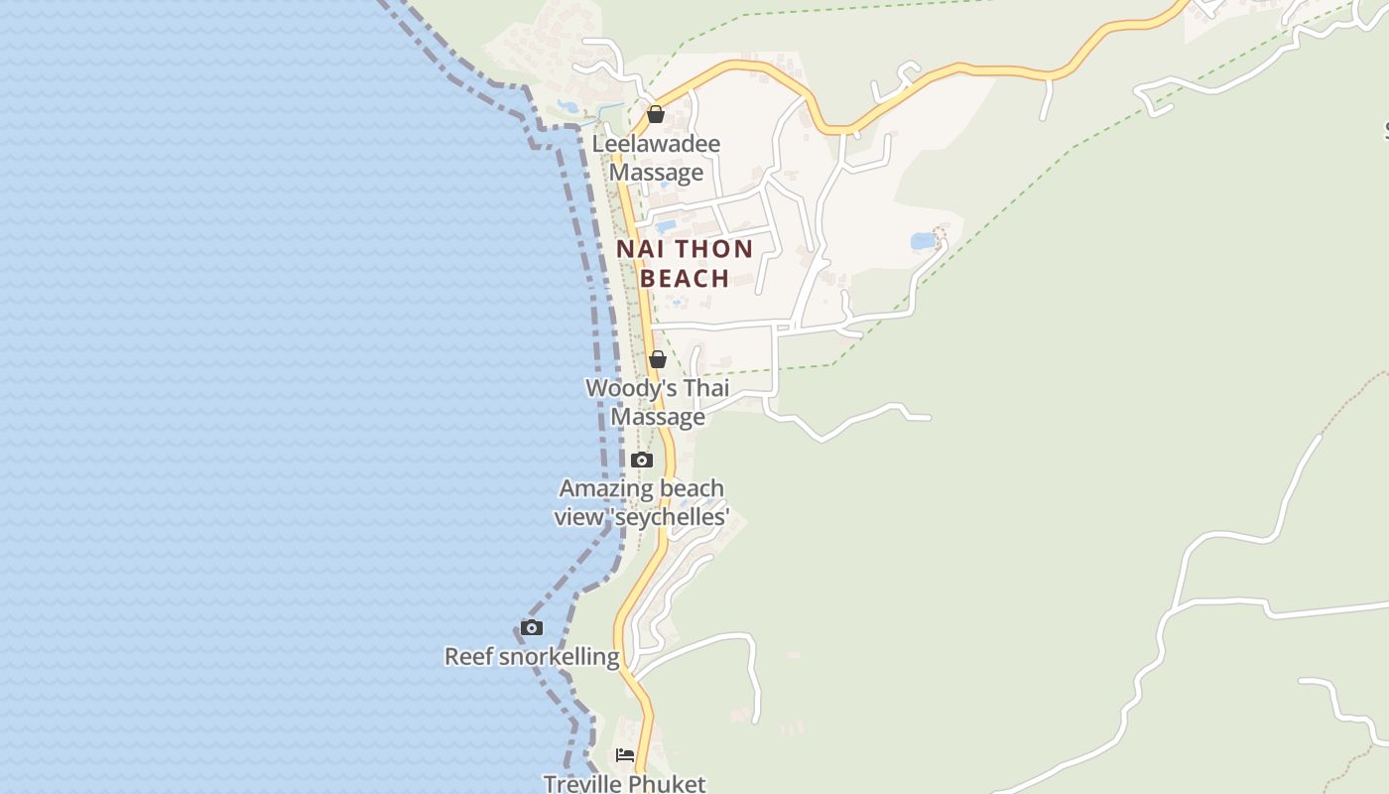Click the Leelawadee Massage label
pos(656,159)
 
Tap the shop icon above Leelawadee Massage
pos(656,114)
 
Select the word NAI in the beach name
pos(640,249)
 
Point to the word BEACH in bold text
pos(685,279)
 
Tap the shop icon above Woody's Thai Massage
pos(657,359)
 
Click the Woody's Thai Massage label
pos(657,402)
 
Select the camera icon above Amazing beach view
pos(642,460)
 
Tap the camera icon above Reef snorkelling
pos(532,627)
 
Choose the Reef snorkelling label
pos(532,656)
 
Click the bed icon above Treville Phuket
pos(625,755)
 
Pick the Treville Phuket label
pos(625,783)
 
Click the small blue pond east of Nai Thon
pos(923,241)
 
